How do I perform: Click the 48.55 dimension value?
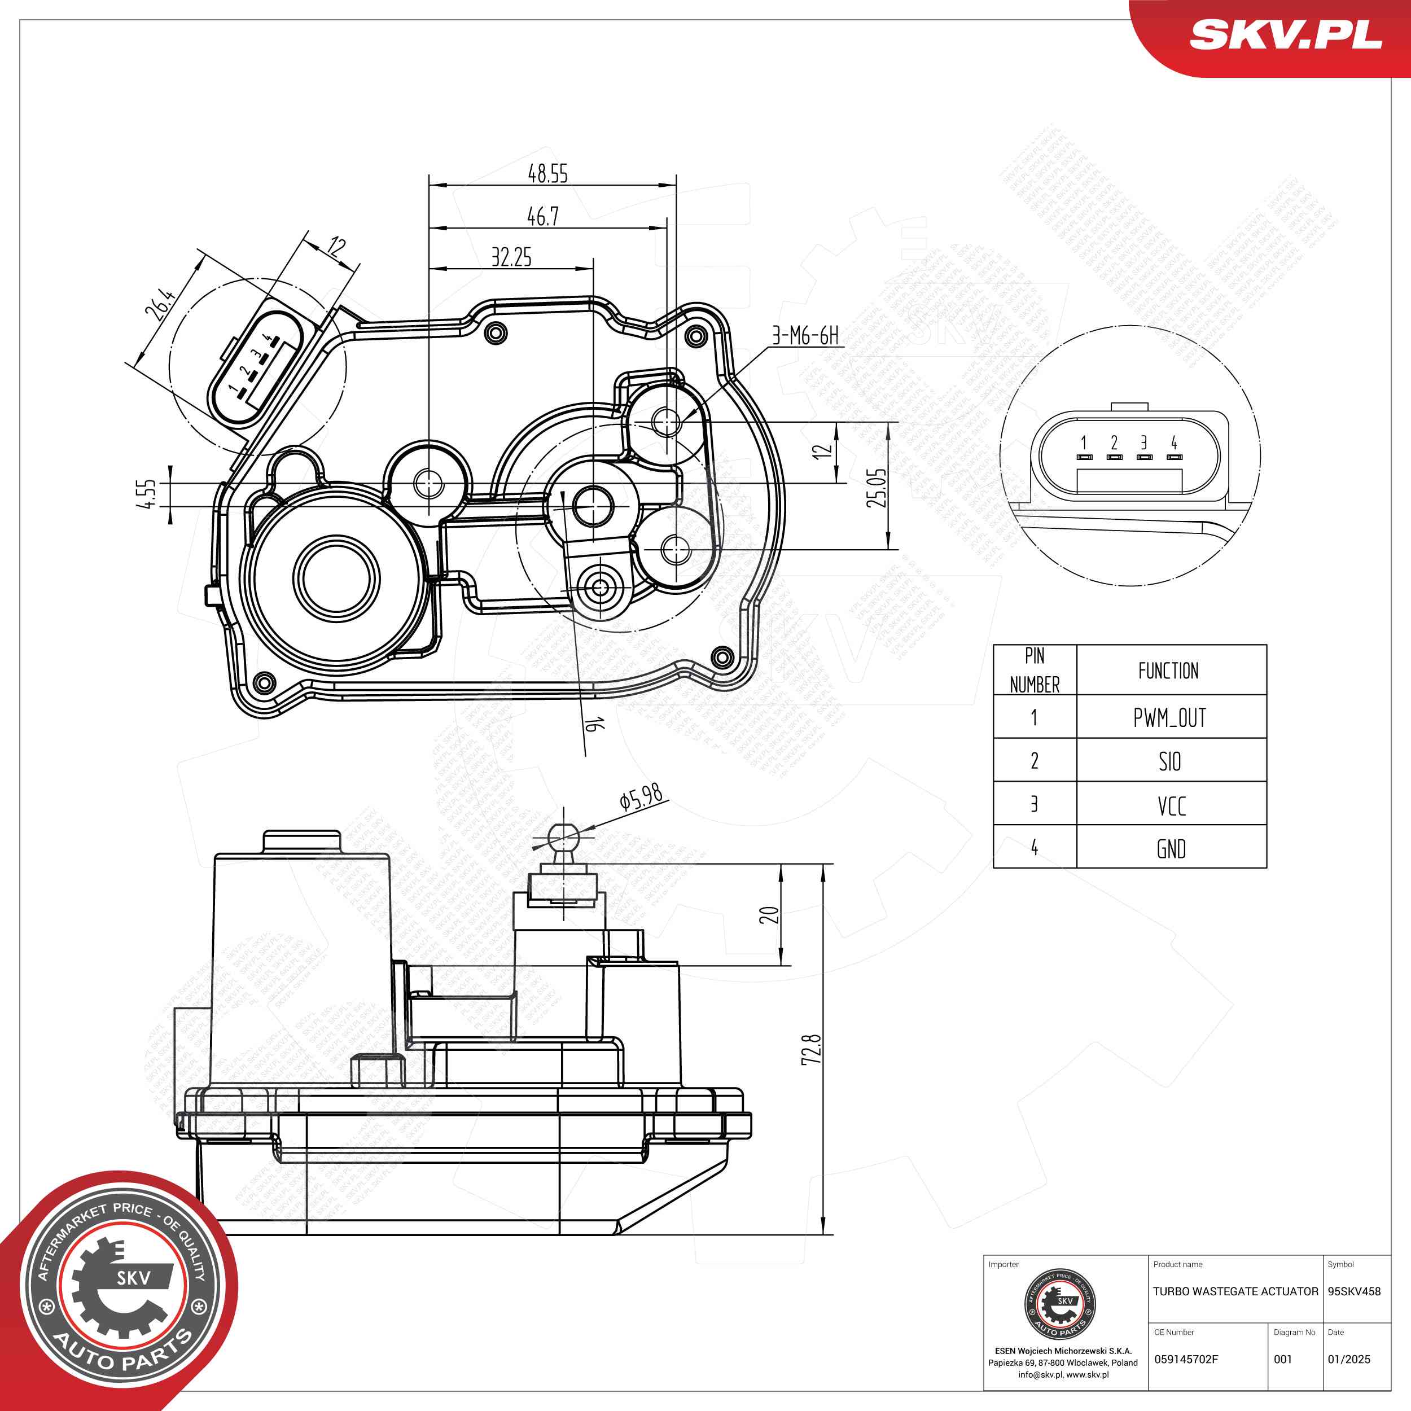click(547, 174)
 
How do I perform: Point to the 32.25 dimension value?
click(511, 257)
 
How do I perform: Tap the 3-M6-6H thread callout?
click(805, 336)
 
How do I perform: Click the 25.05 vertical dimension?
click(877, 488)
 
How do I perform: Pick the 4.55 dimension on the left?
click(146, 494)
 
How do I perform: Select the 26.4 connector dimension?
click(160, 305)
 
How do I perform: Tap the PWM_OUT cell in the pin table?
click(1170, 718)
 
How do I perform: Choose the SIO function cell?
click(1170, 762)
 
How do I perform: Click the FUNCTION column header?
click(1168, 671)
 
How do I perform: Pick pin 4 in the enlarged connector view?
click(1173, 442)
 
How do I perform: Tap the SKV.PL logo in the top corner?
click(1285, 34)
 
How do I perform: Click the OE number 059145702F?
click(1186, 1359)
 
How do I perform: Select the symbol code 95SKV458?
click(1354, 1291)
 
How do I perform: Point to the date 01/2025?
click(1349, 1359)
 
